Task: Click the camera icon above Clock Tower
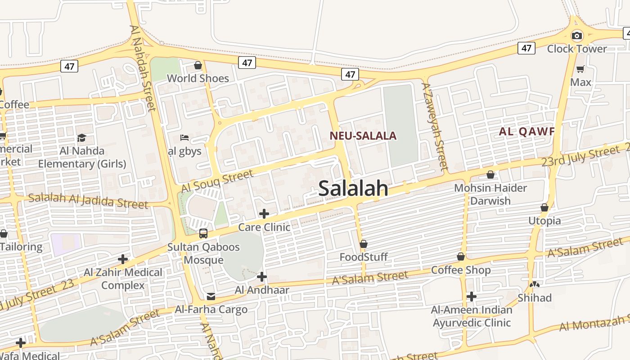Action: pyautogui.click(x=577, y=36)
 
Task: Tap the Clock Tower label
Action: pyautogui.click(x=577, y=49)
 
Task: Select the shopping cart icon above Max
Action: pyautogui.click(x=580, y=69)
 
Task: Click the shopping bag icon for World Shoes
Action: pyautogui.click(x=198, y=66)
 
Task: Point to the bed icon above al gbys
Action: pyautogui.click(x=184, y=138)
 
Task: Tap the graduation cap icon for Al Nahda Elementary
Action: pyautogui.click(x=81, y=138)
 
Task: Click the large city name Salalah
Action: pyautogui.click(x=353, y=188)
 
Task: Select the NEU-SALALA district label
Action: pyautogui.click(x=363, y=136)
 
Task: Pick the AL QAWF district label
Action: pyautogui.click(x=526, y=132)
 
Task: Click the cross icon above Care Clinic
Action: pyautogui.click(x=264, y=214)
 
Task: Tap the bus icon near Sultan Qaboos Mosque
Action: pyautogui.click(x=203, y=234)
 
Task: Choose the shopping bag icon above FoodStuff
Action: pyautogui.click(x=364, y=244)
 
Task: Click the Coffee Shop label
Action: pyautogui.click(x=461, y=270)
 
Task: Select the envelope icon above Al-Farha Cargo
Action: pyautogui.click(x=211, y=297)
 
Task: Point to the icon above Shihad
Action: pyautogui.click(x=535, y=284)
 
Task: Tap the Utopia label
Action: pyautogui.click(x=544, y=220)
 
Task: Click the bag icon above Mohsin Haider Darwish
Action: pyautogui.click(x=490, y=175)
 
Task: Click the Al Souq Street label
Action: pyautogui.click(x=217, y=182)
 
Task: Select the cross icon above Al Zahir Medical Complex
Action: pyautogui.click(x=122, y=259)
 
